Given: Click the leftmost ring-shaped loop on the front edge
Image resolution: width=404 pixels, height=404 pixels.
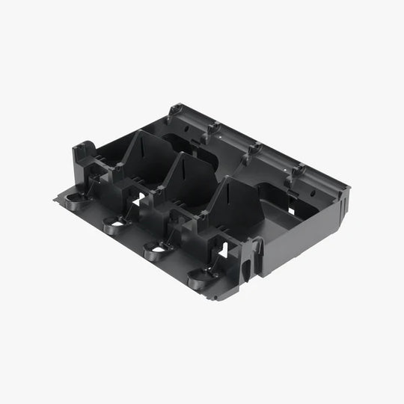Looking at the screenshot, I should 76,199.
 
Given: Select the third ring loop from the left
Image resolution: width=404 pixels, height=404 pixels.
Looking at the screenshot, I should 155,248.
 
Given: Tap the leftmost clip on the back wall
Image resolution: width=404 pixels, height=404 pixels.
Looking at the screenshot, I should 175,110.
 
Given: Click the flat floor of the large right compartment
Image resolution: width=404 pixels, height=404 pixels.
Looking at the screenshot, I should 292,224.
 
